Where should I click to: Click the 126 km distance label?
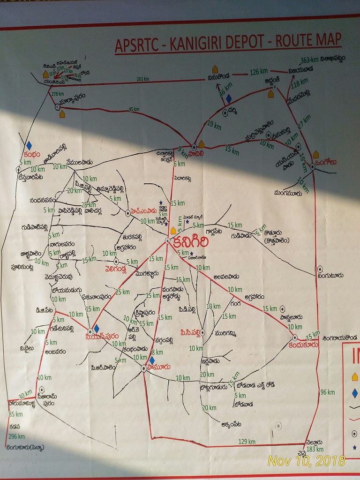click(257, 72)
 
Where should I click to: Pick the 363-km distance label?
click(309, 60)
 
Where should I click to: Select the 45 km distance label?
click(134, 110)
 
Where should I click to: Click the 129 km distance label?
click(247, 442)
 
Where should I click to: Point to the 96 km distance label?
click(327, 392)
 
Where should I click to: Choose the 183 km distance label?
click(315, 449)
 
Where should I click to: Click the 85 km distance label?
click(15, 414)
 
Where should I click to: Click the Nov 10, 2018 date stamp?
click(306, 461)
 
